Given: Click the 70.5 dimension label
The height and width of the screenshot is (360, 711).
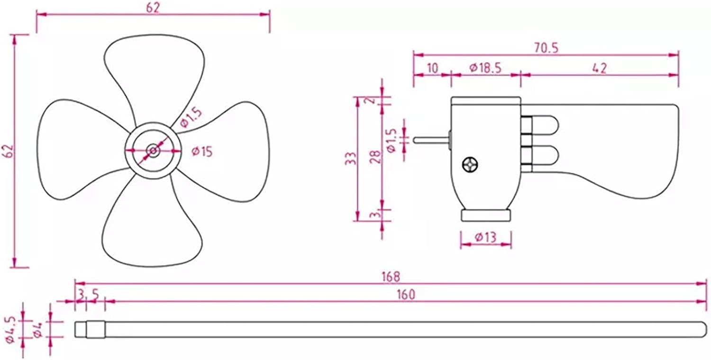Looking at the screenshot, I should pyautogui.click(x=546, y=47).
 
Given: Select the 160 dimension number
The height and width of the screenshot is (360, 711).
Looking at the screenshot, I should pyautogui.click(x=406, y=294).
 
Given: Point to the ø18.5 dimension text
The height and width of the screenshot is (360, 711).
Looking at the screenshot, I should pyautogui.click(x=485, y=68).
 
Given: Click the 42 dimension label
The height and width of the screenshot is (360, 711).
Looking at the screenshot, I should pyautogui.click(x=599, y=68).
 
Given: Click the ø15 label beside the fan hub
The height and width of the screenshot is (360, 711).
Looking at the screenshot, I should pyautogui.click(x=201, y=152).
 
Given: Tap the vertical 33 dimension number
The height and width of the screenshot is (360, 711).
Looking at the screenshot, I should pyautogui.click(x=350, y=159).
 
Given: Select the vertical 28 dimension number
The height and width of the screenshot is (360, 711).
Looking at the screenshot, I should pyautogui.click(x=375, y=157).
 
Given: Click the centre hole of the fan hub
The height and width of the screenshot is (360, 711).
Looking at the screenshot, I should pyautogui.click(x=153, y=151).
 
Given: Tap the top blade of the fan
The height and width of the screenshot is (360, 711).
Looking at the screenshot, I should pyautogui.click(x=154, y=71).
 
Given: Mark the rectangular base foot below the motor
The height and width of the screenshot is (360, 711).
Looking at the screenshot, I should pyautogui.click(x=486, y=216).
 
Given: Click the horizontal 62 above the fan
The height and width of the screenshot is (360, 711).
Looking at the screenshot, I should pyautogui.click(x=153, y=8).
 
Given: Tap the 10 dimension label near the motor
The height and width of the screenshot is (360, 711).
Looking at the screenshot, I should pyautogui.click(x=432, y=68).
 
